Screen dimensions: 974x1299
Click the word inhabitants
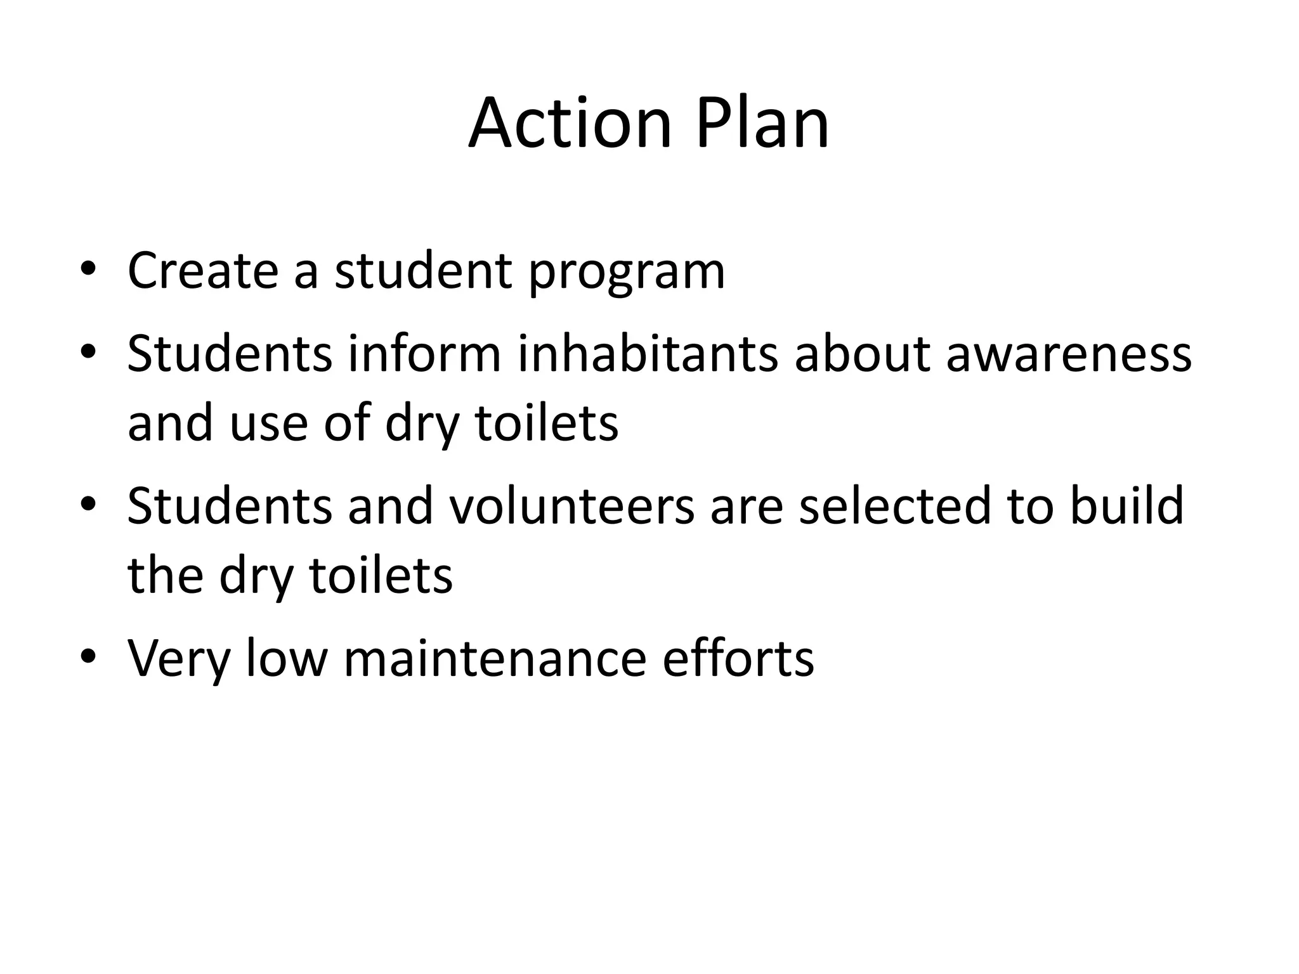pyautogui.click(x=648, y=353)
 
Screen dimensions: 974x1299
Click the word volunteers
pyautogui.click(x=571, y=505)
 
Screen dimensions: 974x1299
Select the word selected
pyautogui.click(x=894, y=505)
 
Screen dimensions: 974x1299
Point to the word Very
pyautogui.click(x=178, y=659)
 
